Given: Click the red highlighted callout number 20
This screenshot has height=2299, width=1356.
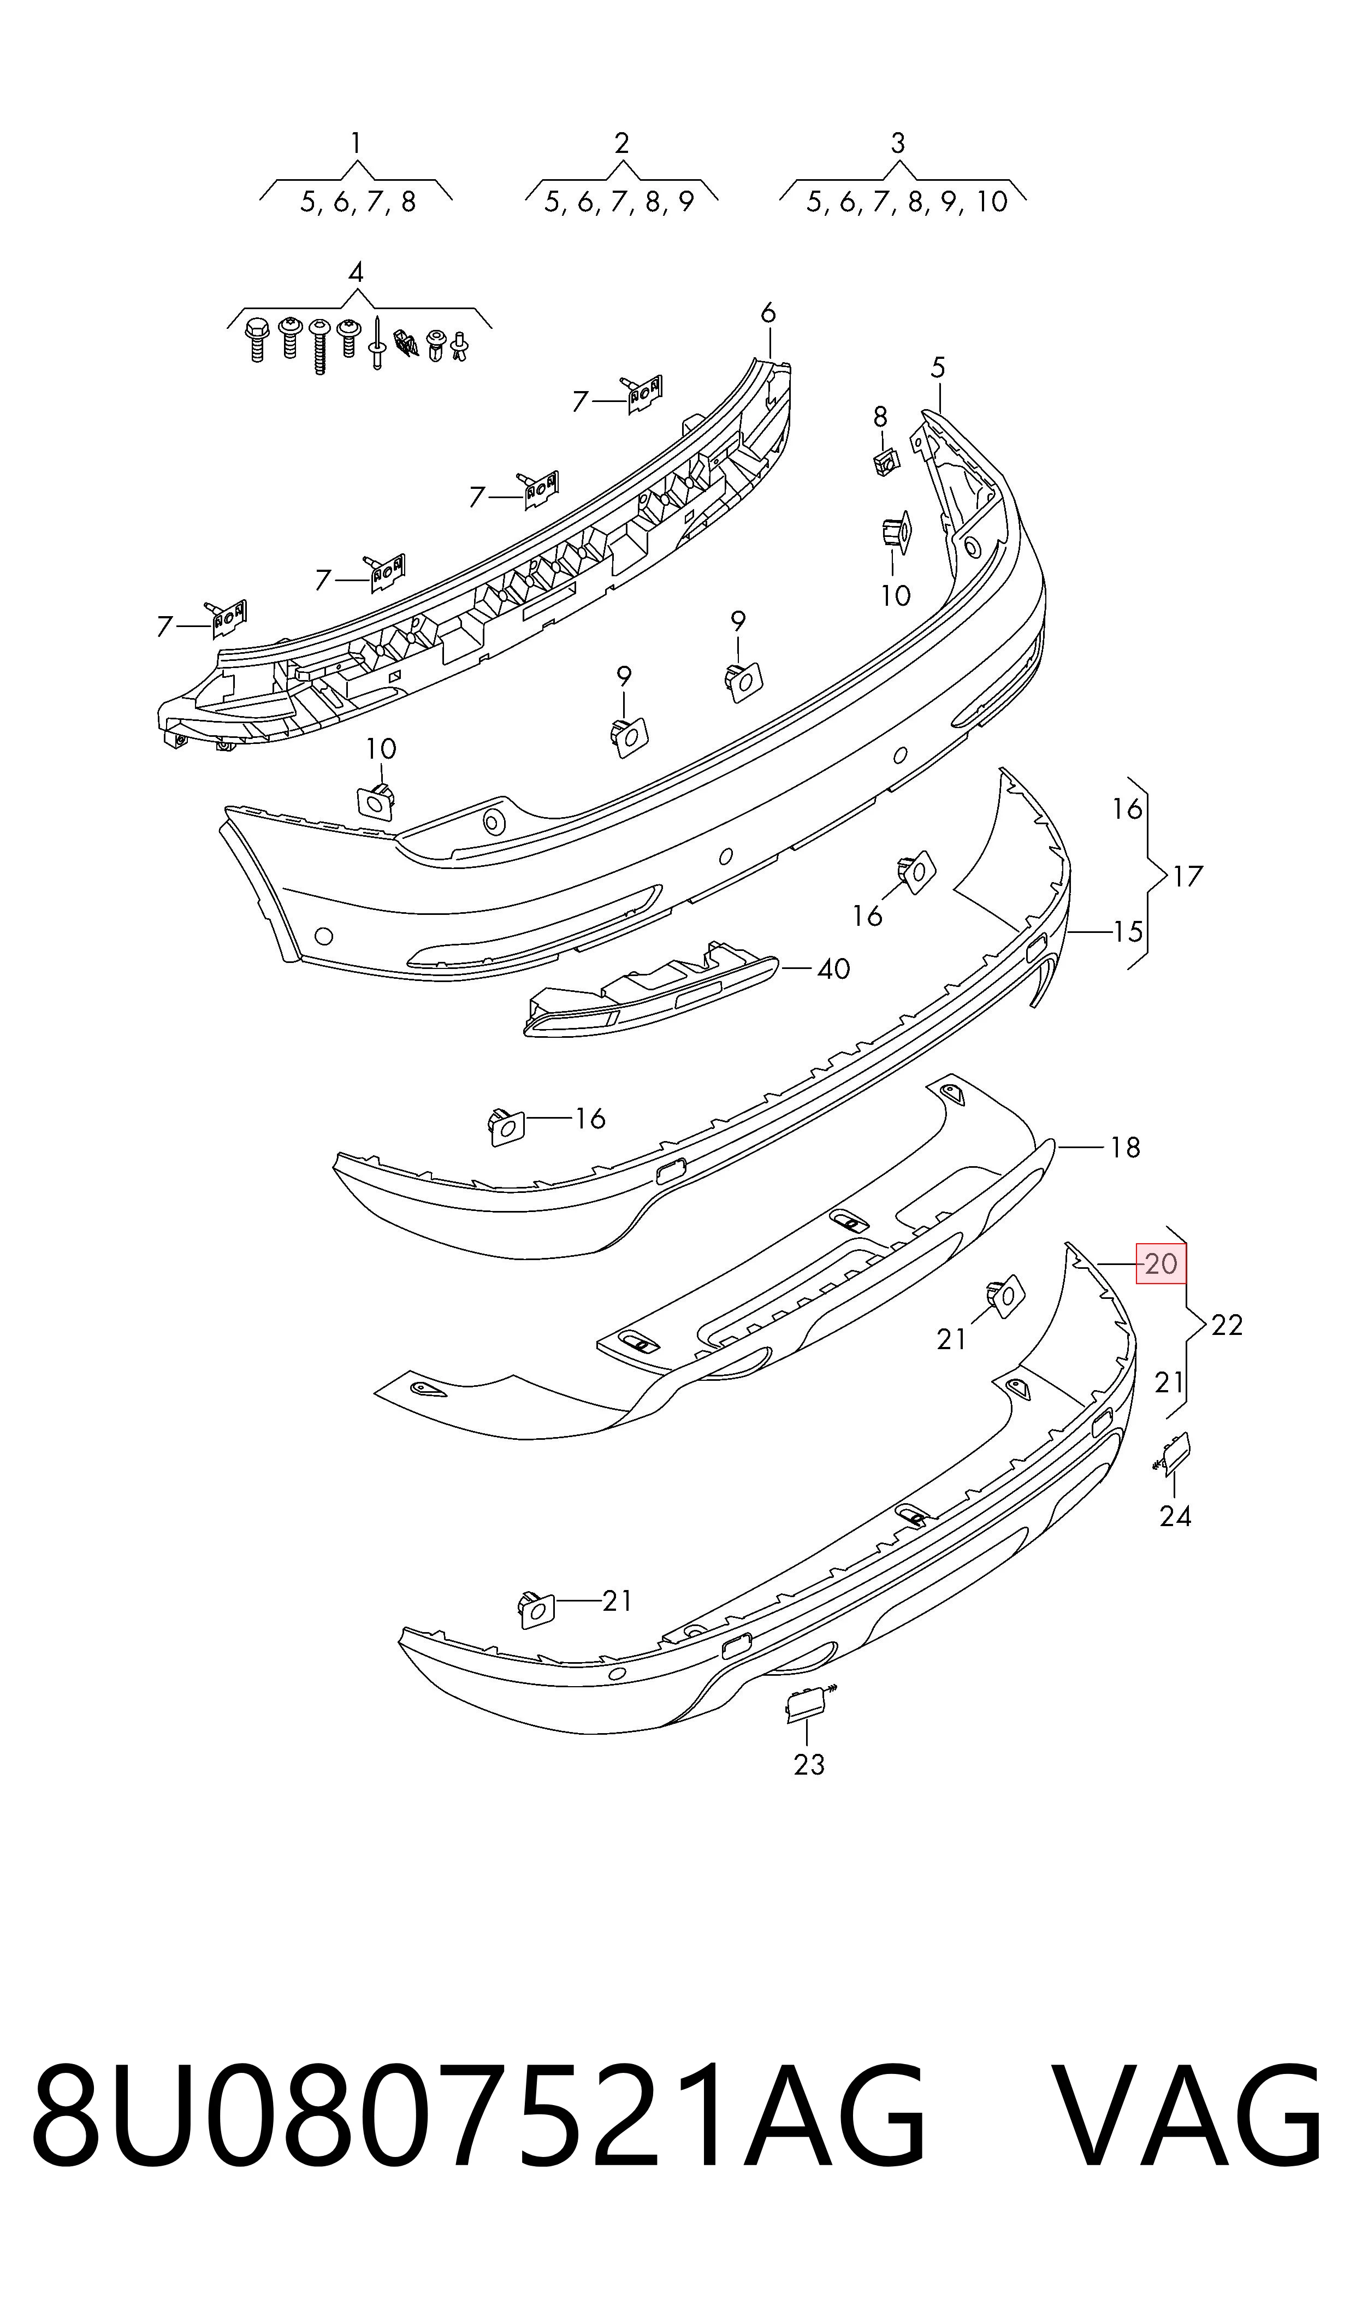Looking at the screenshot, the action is click(1160, 1264).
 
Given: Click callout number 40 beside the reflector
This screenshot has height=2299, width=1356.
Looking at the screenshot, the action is click(833, 968).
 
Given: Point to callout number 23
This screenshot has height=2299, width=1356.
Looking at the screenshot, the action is click(809, 1764).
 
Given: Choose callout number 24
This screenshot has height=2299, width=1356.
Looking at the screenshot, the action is click(1175, 1516).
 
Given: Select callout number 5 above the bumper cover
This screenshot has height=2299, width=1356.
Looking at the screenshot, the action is click(938, 368).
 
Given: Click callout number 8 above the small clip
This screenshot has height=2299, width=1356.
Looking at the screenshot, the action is click(880, 417).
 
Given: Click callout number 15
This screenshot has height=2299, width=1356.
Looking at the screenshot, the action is click(1128, 932).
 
